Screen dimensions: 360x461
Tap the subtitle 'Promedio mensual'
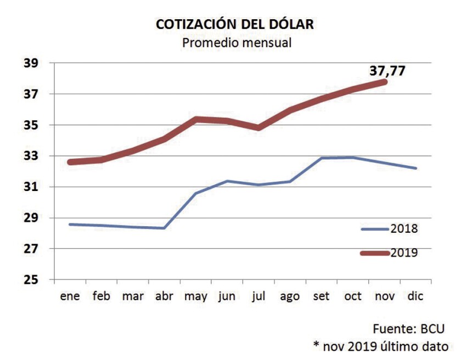tap(237, 42)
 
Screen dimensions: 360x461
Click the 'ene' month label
tap(70, 297)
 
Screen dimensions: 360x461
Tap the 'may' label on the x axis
tap(196, 297)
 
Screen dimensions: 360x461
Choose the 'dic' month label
tap(416, 297)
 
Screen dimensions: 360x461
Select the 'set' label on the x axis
tap(321, 297)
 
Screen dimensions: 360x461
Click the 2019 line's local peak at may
tap(196, 119)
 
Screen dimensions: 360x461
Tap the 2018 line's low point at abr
tap(165, 228)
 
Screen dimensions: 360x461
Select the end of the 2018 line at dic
tap(417, 168)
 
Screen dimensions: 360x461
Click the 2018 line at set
tap(322, 158)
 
